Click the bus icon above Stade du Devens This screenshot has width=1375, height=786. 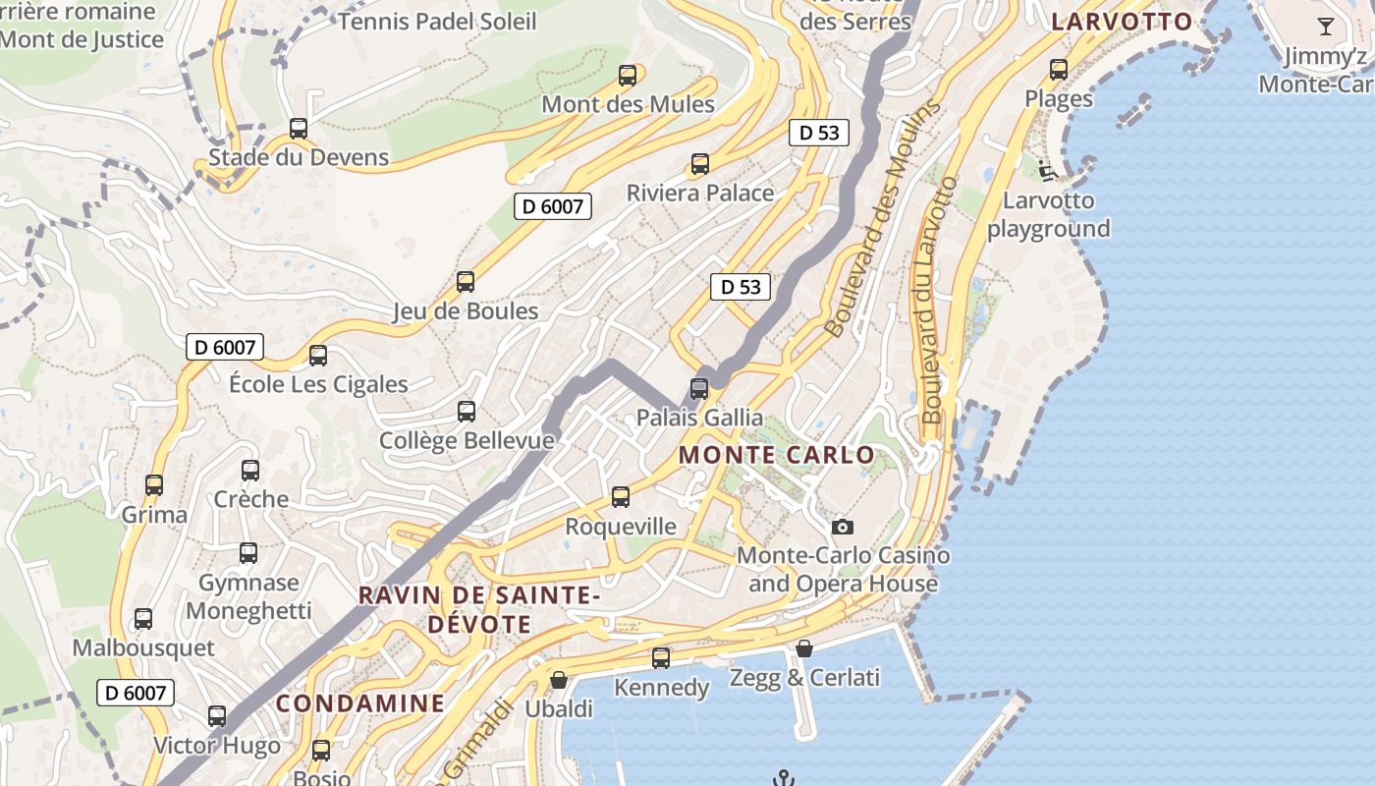coord(299,129)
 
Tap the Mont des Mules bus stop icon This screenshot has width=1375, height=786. coord(628,76)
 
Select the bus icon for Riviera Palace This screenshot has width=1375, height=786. coord(700,164)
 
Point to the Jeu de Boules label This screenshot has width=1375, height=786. coord(466,311)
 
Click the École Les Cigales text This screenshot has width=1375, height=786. coord(318,384)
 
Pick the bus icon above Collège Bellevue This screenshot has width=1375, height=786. coord(467,412)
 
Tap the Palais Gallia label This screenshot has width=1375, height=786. coord(699,418)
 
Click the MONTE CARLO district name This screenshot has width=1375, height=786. coord(776,455)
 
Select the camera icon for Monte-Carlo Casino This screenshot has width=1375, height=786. coord(843,528)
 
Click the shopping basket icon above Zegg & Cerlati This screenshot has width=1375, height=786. coord(804,648)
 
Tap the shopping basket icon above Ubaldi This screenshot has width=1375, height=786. coord(559,680)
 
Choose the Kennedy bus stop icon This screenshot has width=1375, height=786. coord(661,658)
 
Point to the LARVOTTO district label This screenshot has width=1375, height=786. coord(1122,22)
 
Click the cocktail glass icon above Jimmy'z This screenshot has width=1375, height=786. coord(1326,27)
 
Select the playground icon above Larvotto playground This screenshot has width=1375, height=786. coord(1048,171)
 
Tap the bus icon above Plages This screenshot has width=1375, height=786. coord(1059,70)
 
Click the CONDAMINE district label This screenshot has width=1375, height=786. coord(360,703)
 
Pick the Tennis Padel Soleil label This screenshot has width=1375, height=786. coord(437,21)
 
